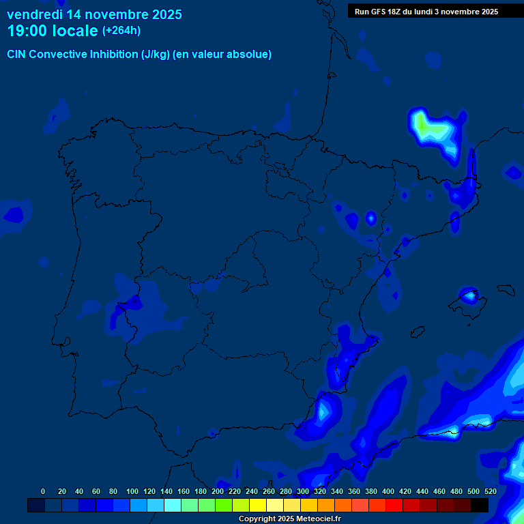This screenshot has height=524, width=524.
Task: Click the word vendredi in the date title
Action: pos(34,14)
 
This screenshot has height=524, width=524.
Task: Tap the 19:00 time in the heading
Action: pos(28,31)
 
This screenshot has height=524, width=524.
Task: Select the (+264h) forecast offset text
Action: pos(121,31)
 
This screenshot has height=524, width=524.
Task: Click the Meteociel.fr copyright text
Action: pos(289,519)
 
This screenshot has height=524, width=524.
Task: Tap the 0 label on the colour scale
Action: pos(43,491)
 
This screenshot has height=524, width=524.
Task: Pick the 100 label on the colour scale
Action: pos(132,491)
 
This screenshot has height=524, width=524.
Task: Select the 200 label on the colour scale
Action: pos(218,491)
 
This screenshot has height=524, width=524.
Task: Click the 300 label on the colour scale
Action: pos(303,491)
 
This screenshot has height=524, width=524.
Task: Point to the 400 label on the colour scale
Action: pos(388,491)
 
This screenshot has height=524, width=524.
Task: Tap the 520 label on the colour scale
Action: pos(491,491)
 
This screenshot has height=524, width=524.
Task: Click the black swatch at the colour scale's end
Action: pos(480,505)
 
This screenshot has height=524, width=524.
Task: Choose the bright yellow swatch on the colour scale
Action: pos(258,505)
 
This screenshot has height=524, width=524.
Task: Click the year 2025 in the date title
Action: pos(166,14)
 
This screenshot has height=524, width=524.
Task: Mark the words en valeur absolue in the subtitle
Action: pos(222,55)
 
